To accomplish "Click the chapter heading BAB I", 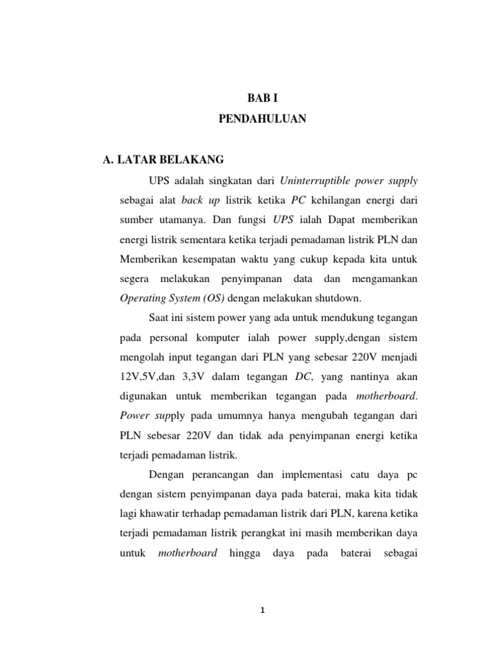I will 264,98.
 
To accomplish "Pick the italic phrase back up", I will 200,200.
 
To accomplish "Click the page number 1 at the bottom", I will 262,610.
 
